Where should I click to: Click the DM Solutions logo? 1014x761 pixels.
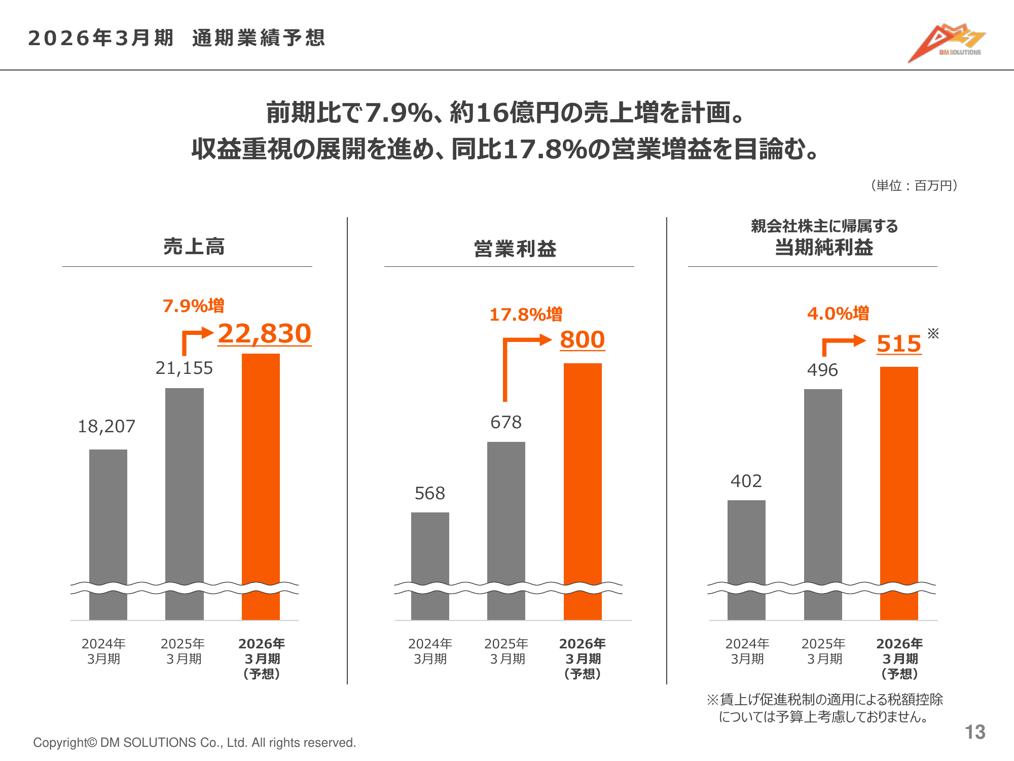pyautogui.click(x=946, y=43)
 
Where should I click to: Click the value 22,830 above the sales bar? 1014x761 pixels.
pyautogui.click(x=264, y=334)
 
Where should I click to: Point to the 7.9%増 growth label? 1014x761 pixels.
pyautogui.click(x=193, y=306)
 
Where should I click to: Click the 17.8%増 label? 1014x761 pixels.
pyautogui.click(x=526, y=315)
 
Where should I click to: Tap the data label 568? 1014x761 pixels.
pyautogui.click(x=429, y=493)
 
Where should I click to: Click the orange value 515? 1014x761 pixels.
pyautogui.click(x=898, y=344)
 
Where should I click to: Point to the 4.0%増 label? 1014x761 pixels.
pyautogui.click(x=838, y=314)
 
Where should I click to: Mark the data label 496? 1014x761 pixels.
pyautogui.click(x=822, y=370)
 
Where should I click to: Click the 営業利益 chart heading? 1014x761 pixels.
pyautogui.click(x=515, y=249)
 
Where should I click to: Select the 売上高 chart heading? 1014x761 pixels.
pyautogui.click(x=194, y=247)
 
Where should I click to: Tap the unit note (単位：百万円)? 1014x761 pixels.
pyautogui.click(x=914, y=186)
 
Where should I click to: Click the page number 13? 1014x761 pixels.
pyautogui.click(x=974, y=732)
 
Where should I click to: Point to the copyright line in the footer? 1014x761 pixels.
pyautogui.click(x=194, y=743)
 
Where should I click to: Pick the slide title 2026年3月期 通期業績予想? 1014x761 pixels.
pyautogui.click(x=176, y=38)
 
